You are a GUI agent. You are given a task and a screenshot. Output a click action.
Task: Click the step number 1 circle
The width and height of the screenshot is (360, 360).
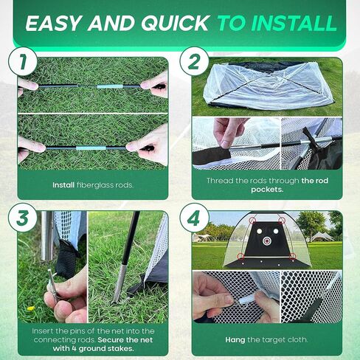(x=23, y=61)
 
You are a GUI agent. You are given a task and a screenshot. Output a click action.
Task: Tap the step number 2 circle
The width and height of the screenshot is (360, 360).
(x=194, y=61)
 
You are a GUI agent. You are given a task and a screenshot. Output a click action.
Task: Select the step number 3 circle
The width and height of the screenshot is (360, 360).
(x=23, y=218)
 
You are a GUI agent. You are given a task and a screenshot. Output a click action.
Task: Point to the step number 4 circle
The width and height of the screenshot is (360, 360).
(x=194, y=218)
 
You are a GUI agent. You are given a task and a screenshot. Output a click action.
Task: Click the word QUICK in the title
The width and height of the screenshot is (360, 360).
(x=175, y=24)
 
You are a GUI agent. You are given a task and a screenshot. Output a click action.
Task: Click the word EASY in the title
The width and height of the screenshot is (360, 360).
(x=52, y=24)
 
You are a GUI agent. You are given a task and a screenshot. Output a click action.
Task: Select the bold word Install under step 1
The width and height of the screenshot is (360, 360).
(x=63, y=185)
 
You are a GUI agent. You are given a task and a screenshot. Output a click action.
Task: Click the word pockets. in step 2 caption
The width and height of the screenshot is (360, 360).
(x=267, y=190)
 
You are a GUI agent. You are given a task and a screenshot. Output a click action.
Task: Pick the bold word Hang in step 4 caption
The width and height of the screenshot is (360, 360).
(x=235, y=340)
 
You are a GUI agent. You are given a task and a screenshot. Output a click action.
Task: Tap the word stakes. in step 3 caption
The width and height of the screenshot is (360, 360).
(x=120, y=348)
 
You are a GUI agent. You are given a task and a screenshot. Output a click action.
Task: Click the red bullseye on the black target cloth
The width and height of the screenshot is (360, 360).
(x=266, y=240)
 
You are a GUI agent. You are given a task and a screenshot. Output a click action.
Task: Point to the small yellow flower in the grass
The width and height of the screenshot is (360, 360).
(x=30, y=308)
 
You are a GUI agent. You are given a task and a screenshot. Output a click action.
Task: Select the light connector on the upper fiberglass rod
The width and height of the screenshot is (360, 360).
(x=110, y=86)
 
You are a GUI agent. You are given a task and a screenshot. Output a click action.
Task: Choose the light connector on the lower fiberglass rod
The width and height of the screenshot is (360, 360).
(x=91, y=148)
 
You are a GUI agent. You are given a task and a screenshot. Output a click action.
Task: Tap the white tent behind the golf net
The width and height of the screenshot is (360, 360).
(x=322, y=237)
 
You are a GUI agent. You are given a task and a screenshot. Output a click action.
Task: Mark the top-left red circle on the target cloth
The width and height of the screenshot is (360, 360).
(x=252, y=220)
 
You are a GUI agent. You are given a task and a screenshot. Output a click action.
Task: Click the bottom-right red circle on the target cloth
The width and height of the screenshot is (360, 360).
(x=292, y=256)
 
